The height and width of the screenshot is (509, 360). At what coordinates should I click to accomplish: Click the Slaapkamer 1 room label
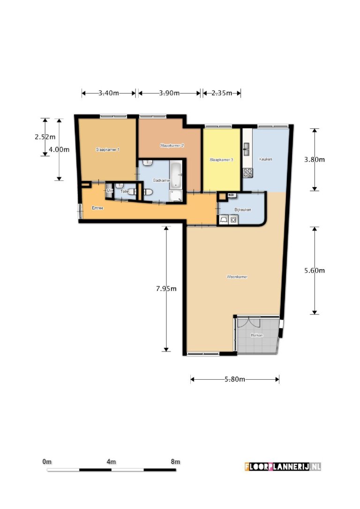tap(108, 150)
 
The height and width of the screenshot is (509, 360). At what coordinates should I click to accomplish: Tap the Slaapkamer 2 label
tap(172, 145)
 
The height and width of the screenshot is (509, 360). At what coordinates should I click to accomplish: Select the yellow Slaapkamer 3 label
tap(221, 160)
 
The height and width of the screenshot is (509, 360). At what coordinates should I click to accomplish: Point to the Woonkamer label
tap(237, 277)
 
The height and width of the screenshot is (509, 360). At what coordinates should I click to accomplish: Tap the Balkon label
tap(256, 335)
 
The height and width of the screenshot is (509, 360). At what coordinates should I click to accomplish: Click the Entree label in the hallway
tap(97, 208)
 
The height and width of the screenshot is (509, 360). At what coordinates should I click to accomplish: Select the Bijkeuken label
tap(243, 210)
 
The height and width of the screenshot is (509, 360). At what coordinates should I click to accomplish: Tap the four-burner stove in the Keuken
tap(247, 172)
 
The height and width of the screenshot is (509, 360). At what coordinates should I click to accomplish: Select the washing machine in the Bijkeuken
tap(234, 219)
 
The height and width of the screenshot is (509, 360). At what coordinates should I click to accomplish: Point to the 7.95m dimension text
tap(166, 289)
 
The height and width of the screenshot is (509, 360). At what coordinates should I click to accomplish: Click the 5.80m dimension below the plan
tap(235, 379)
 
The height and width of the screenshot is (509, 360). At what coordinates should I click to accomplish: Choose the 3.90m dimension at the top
tap(169, 93)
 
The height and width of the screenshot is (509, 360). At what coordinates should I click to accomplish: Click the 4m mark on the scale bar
tap(111, 462)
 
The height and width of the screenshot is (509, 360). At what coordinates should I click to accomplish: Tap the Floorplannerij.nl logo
tap(283, 466)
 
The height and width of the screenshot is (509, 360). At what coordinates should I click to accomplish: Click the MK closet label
tap(110, 191)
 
